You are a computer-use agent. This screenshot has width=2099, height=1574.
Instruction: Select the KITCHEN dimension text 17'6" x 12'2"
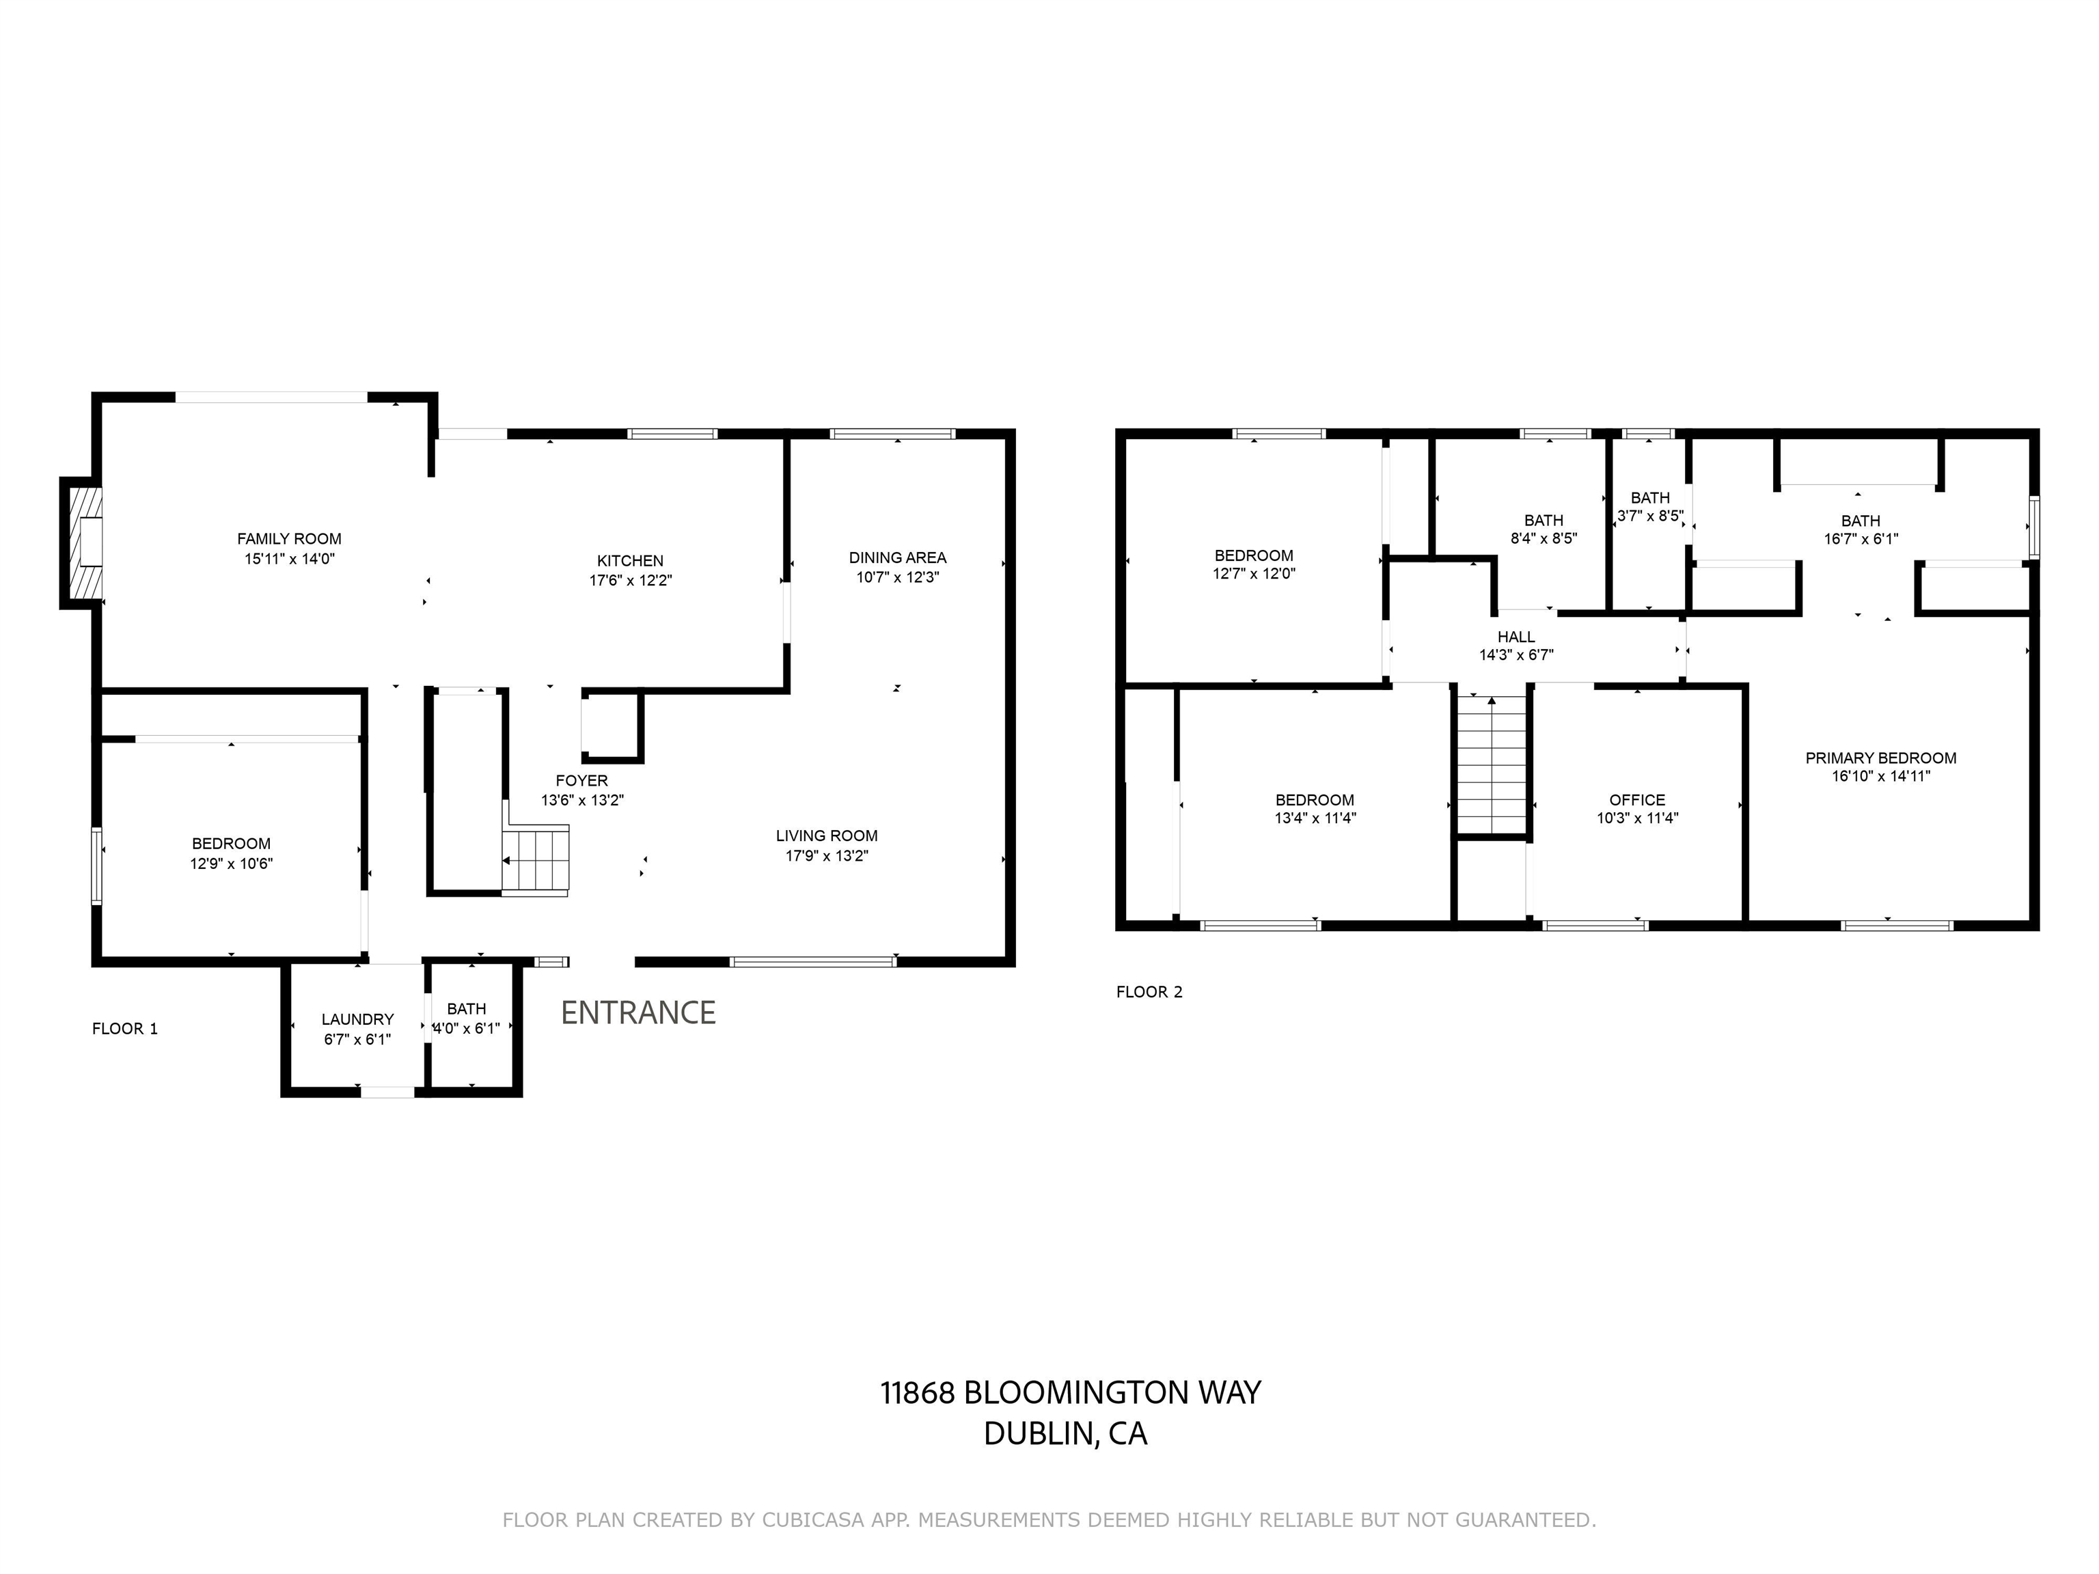[x=630, y=581]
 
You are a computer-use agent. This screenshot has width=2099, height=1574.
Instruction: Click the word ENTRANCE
[x=637, y=1013]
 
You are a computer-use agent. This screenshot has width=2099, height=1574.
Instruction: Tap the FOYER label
[x=581, y=781]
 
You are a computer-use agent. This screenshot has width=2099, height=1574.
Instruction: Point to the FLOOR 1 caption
[x=124, y=1028]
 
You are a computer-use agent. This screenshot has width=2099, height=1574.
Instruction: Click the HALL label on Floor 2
[x=1515, y=637]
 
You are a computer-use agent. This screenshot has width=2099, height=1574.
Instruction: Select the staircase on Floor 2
[x=1492, y=764]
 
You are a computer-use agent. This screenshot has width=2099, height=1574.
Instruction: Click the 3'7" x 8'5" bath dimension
[x=1650, y=517]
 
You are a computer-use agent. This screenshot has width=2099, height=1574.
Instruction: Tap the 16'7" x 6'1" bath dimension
[x=1860, y=539]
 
